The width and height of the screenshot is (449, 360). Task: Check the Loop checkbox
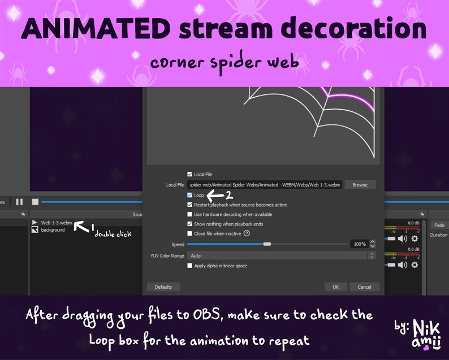coord(189,195)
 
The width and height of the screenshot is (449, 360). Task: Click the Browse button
coord(360,185)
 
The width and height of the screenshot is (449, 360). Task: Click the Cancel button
coord(365,287)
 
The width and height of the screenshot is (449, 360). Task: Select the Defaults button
coord(163,287)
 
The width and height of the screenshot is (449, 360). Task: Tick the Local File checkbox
coord(189,174)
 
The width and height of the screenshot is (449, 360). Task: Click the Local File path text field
coord(265,185)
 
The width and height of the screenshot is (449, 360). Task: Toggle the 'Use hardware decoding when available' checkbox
coord(189,214)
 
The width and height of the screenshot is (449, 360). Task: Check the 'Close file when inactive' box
coord(189,233)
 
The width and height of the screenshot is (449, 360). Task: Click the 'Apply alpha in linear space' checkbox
coord(189,265)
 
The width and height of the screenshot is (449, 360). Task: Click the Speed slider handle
coord(267,244)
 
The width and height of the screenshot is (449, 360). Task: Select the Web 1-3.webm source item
coord(56,223)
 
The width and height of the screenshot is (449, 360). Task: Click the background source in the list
coord(53,230)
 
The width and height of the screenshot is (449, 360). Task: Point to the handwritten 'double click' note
coord(113,233)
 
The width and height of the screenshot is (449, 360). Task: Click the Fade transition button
coord(439,225)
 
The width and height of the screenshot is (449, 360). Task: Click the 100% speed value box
coord(359,244)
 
